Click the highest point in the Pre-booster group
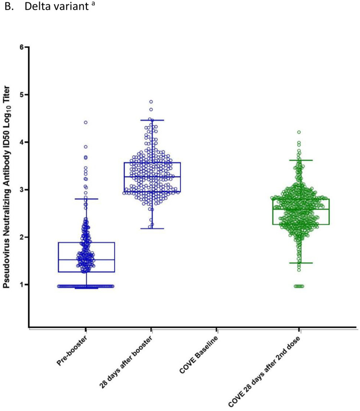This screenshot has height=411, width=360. tap(86, 122)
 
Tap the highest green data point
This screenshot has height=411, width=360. tap(299, 132)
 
